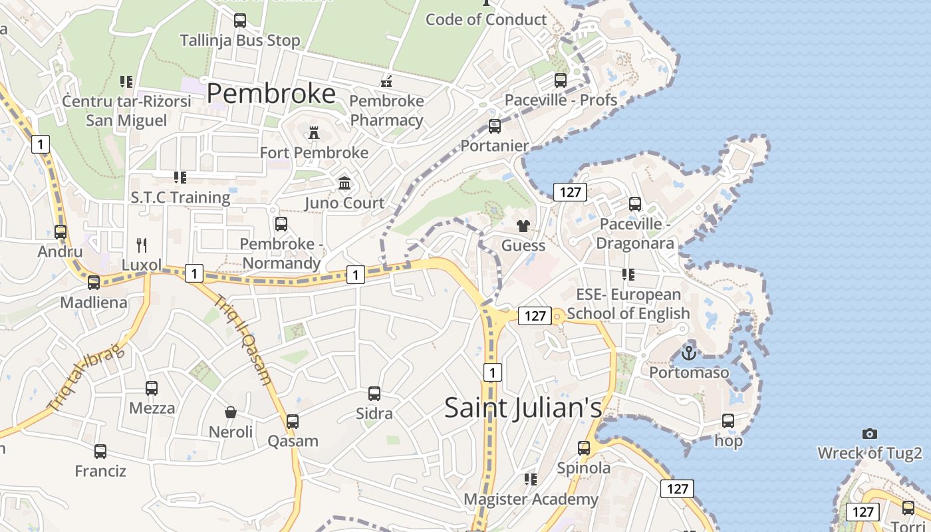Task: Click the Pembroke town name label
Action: (271, 94)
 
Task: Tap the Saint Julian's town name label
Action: (523, 407)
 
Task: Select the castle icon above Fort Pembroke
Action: (314, 132)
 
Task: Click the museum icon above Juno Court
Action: (344, 183)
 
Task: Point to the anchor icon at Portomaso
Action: (689, 352)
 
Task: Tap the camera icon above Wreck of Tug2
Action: (869, 434)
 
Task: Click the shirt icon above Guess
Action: (523, 226)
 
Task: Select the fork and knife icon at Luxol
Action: (142, 245)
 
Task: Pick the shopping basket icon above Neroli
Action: (231, 412)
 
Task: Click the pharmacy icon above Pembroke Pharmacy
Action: (386, 81)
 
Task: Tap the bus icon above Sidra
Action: (374, 394)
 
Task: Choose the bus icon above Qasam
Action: (293, 421)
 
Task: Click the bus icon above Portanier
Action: (495, 126)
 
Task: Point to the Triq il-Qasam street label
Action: (243, 339)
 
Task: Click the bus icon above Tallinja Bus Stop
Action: (240, 21)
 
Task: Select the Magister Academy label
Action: (531, 499)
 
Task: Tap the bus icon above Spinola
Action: (584, 448)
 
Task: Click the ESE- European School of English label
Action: (628, 303)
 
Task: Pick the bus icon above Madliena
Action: (94, 283)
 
